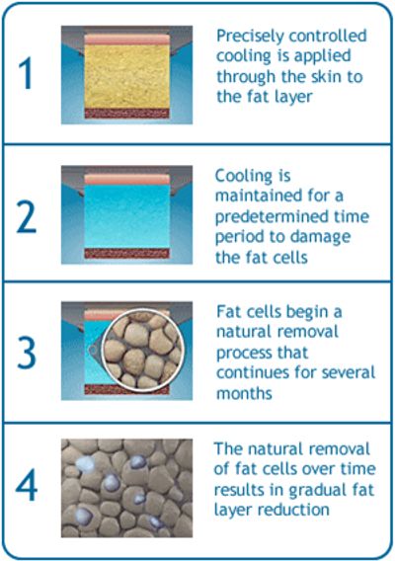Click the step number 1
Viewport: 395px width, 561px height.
click(x=26, y=75)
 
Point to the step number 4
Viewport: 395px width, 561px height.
click(x=27, y=487)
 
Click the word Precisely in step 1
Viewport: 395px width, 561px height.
click(x=248, y=36)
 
